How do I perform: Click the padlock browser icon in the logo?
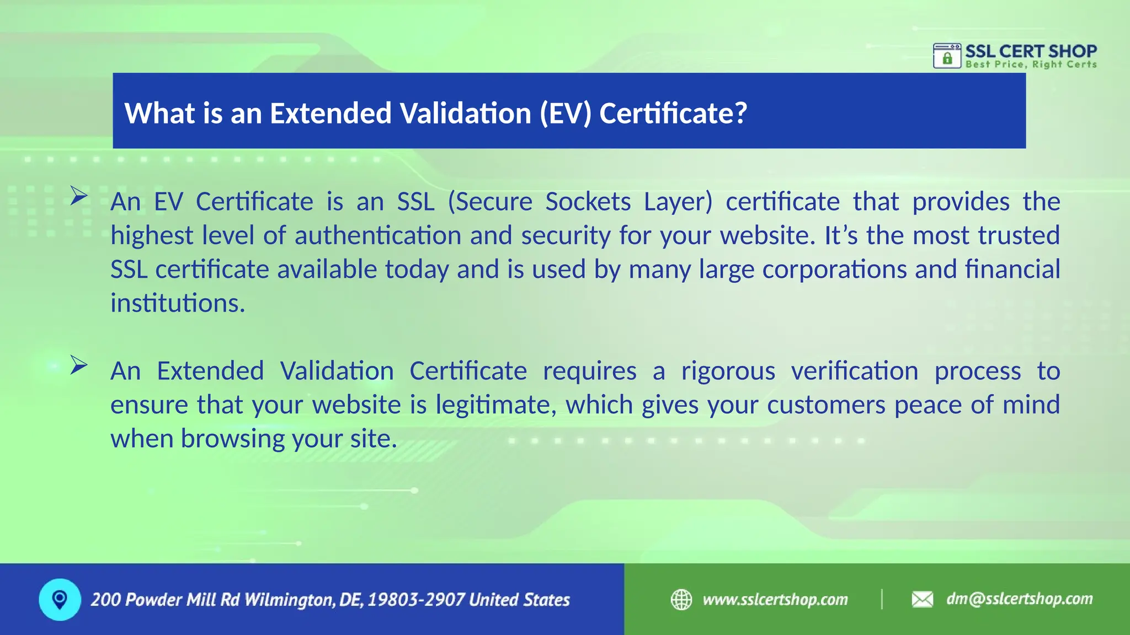(947, 56)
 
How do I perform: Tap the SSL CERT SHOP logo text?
(1031, 51)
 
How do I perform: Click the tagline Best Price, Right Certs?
(1031, 64)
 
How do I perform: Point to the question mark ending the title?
(740, 113)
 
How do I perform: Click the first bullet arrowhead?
(79, 196)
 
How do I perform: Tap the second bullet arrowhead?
(79, 365)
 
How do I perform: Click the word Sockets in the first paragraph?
(588, 202)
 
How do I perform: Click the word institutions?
(177, 303)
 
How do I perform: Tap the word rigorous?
(728, 371)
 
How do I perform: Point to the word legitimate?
(495, 405)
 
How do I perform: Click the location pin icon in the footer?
(60, 599)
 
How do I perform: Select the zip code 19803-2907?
(415, 600)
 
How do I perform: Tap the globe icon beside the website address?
(681, 599)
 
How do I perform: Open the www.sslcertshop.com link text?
(775, 599)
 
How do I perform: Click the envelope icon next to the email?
(922, 599)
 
